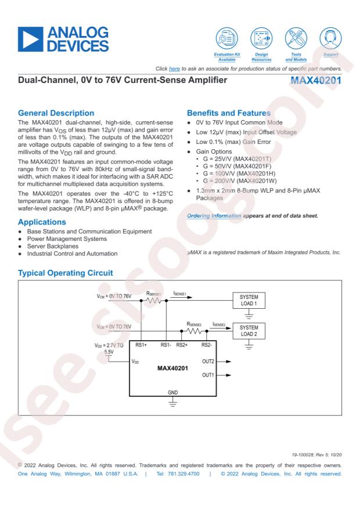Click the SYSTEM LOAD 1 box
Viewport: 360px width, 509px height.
[248, 301]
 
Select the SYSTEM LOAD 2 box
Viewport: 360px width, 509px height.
[248, 331]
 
